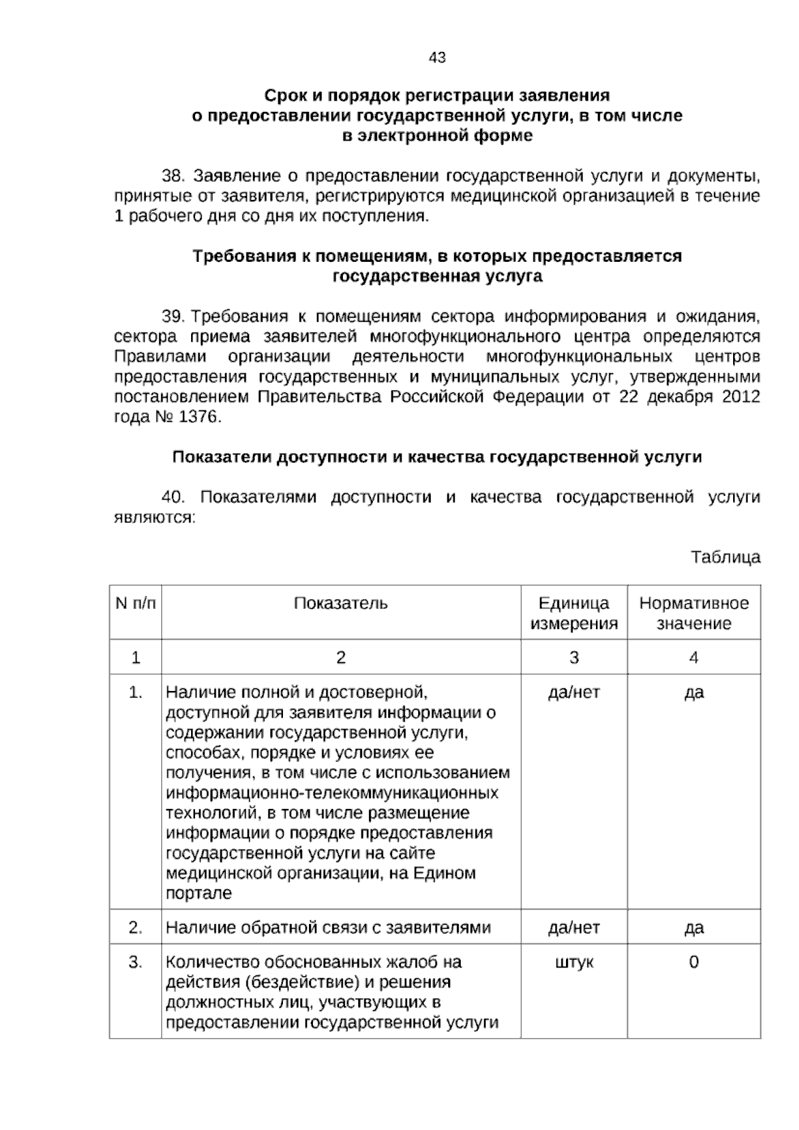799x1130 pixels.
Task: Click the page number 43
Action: coord(437,58)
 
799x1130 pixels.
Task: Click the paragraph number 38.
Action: coord(172,177)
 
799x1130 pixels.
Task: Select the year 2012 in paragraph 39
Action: coord(741,398)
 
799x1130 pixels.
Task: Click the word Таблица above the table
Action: coord(725,557)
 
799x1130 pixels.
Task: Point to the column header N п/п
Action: coord(136,604)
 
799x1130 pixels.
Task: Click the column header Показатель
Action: coord(341,604)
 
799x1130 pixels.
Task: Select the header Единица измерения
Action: coord(573,614)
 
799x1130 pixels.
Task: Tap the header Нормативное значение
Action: coord(694,614)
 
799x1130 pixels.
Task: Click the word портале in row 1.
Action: coord(198,894)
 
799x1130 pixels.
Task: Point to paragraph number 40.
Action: coord(172,498)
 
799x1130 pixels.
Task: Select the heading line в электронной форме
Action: coord(437,136)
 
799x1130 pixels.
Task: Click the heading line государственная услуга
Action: coord(437,277)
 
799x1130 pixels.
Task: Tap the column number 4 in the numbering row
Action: coord(694,658)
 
